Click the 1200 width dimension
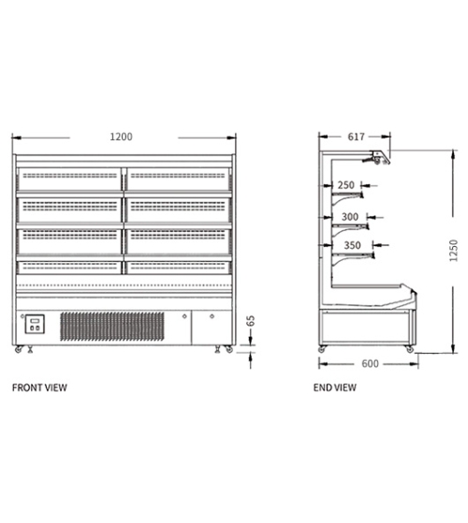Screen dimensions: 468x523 click(121, 137)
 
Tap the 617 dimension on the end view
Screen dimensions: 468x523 click(356, 137)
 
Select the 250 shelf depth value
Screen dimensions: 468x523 click(346, 185)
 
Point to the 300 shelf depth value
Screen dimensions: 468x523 click(350, 217)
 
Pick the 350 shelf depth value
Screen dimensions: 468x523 click(352, 245)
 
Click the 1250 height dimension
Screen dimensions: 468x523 click(454, 251)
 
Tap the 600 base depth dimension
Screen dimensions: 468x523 click(370, 364)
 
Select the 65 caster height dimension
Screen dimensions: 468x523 click(251, 321)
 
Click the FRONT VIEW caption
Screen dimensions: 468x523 click(39, 387)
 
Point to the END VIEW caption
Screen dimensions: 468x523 click(335, 387)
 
